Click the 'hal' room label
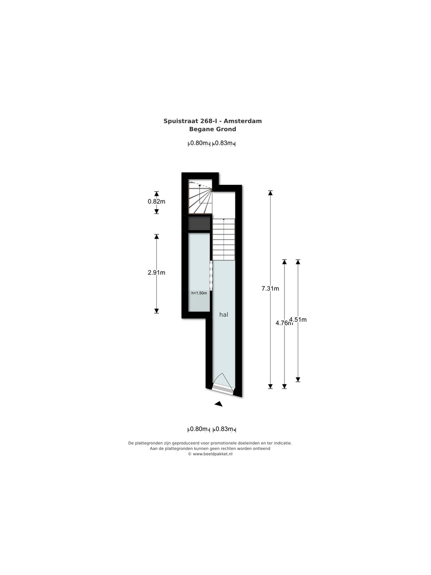[223, 315]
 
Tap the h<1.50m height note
[199, 293]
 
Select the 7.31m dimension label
[270, 288]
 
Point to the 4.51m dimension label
[298, 319]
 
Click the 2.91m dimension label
[156, 272]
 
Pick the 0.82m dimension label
[156, 201]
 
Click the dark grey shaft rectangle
[200, 223]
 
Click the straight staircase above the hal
[224, 239]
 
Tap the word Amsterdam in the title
[243, 121]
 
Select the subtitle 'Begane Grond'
[212, 129]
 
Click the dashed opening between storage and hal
[211, 275]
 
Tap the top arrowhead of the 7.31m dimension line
[270, 193]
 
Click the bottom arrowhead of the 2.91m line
[156, 311]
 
